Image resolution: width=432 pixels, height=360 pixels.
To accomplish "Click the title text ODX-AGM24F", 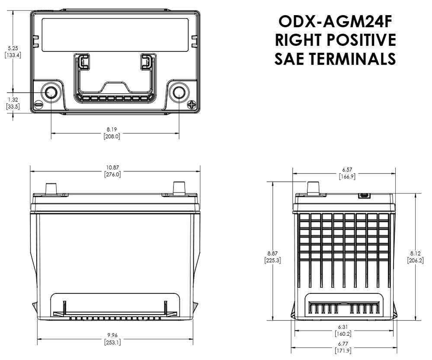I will [336, 21].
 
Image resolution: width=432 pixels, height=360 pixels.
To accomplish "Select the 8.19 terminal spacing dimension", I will [112, 129].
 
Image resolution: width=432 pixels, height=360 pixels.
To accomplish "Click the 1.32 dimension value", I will [13, 100].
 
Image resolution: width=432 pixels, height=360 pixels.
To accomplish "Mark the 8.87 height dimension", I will [273, 253].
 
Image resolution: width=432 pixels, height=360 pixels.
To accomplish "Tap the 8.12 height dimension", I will [415, 253].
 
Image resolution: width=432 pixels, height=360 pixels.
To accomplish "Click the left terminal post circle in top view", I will [51, 92].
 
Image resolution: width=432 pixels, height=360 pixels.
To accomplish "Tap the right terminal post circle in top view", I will [179, 92].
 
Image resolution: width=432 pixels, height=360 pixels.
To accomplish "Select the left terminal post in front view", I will [51, 189].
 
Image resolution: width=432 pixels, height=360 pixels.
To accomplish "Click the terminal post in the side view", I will [314, 188].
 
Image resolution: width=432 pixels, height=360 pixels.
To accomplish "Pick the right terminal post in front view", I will [179, 188].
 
